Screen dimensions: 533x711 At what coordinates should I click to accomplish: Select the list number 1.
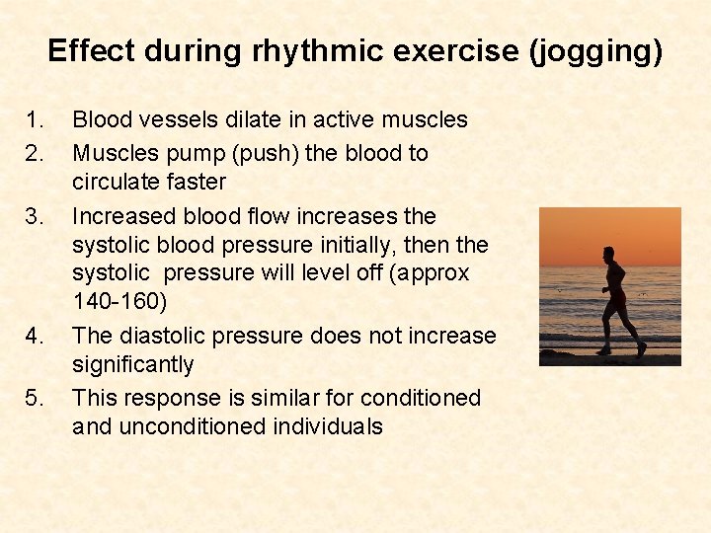click(35, 120)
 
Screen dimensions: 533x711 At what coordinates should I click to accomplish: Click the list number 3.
click(35, 216)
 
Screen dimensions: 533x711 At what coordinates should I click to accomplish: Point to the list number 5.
click(35, 399)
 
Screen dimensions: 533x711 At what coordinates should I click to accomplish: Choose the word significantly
click(133, 365)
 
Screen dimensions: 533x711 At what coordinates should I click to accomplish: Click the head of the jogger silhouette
click(608, 253)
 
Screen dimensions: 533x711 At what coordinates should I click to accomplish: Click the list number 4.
click(35, 337)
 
